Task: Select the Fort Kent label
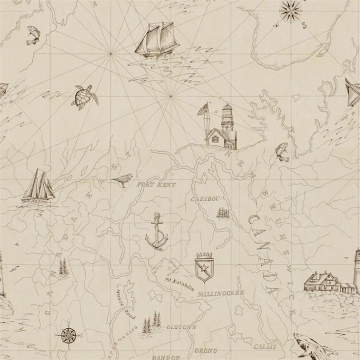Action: [157, 184]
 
